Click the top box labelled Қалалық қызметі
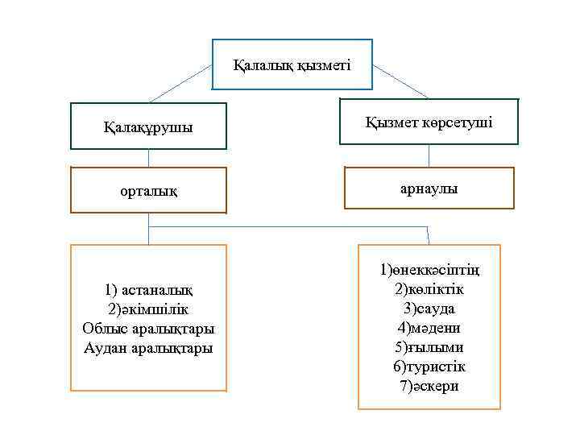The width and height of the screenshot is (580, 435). (292, 64)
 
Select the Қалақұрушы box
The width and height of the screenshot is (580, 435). (148, 127)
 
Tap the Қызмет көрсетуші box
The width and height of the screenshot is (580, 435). (429, 122)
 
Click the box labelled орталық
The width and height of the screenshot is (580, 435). (148, 191)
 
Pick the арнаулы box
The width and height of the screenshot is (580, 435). (429, 188)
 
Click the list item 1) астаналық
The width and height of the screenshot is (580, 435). (148, 289)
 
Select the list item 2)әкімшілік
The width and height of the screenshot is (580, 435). (148, 309)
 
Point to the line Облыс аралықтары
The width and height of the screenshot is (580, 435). (148, 328)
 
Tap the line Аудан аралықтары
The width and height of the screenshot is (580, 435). (148, 348)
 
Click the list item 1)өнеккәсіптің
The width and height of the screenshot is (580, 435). (429, 269)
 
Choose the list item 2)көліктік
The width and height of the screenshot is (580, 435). (429, 288)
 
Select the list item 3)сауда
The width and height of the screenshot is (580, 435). (429, 309)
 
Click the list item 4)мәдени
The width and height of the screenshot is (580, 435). (429, 328)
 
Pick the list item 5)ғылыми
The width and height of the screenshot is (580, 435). (429, 347)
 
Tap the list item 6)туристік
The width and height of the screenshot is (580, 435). (429, 367)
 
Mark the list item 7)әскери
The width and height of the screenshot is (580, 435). (429, 386)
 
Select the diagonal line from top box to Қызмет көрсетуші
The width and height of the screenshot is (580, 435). (400, 82)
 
